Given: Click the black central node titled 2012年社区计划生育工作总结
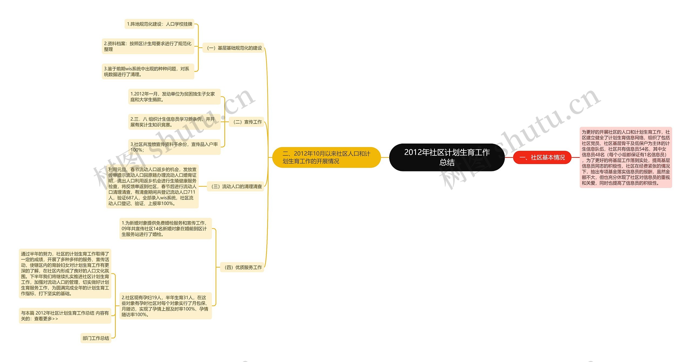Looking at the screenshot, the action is coord(447,157).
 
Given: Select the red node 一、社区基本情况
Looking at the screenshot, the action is coord(542,157).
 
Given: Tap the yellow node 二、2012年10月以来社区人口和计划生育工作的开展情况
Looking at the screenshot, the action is coord(326,157).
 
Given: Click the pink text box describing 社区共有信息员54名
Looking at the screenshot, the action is coord(625,157).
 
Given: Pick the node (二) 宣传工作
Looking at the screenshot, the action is coord(246,122).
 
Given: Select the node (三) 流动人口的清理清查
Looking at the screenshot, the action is coord(235,186).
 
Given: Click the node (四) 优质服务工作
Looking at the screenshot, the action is coord(242,267).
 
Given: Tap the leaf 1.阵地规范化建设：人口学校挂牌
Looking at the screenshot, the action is coord(159,24).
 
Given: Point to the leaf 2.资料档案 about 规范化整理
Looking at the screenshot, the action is coord(148,46).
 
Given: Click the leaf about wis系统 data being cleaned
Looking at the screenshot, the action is coord(148,71).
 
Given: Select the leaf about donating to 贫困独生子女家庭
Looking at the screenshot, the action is coord(174,97).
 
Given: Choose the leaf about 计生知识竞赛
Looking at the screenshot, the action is coord(174,122).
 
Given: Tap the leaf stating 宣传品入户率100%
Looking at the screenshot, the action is coord(174,147).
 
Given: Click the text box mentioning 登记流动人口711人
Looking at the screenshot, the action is coord(152,186).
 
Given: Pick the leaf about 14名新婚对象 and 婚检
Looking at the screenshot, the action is coord(165,228).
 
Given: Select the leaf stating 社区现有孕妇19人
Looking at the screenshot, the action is coord(165,306).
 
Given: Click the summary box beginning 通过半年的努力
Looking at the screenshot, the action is coord(65,273).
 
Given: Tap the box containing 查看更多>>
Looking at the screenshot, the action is coord(65,315).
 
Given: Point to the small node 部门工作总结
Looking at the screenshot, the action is coord(96,338).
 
